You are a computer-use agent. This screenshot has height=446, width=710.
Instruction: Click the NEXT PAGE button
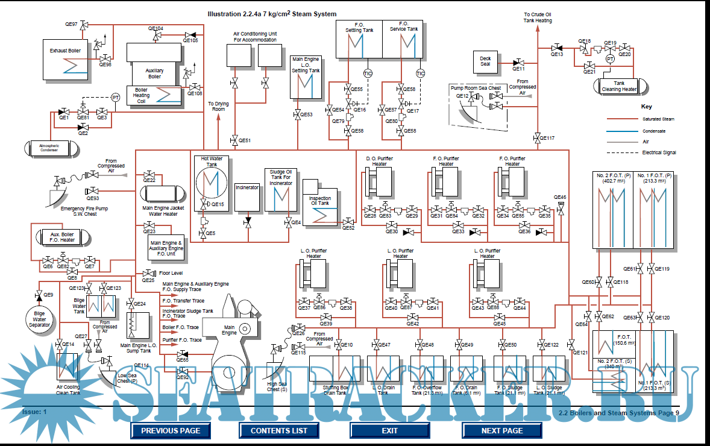coord(501,430)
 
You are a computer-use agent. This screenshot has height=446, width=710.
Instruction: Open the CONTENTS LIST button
coord(278,430)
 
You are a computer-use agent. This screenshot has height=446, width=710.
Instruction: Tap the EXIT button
coord(389,430)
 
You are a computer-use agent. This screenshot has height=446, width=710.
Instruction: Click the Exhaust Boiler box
coord(66,59)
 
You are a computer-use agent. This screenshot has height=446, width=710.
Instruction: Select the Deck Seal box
coord(485,61)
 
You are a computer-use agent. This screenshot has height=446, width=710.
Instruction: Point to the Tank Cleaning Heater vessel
coord(620,86)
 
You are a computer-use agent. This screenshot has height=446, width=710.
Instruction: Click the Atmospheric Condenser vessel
coord(49,147)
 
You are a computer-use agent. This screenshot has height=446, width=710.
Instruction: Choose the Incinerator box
coord(247,196)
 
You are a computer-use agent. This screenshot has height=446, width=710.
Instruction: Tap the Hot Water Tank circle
coord(210,181)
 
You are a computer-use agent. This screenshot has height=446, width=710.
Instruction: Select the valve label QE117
coord(547,138)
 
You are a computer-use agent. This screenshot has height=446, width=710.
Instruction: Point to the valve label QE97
coord(71,25)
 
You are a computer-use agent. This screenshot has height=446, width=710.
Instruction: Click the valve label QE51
coord(244,140)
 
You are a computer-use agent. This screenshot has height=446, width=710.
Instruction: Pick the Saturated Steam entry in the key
coord(658,119)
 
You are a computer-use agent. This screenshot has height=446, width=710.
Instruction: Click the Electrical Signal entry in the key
coord(659,152)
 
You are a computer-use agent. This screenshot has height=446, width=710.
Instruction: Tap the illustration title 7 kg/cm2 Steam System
coord(272,14)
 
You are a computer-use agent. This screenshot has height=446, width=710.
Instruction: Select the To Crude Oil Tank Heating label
coord(537,17)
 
